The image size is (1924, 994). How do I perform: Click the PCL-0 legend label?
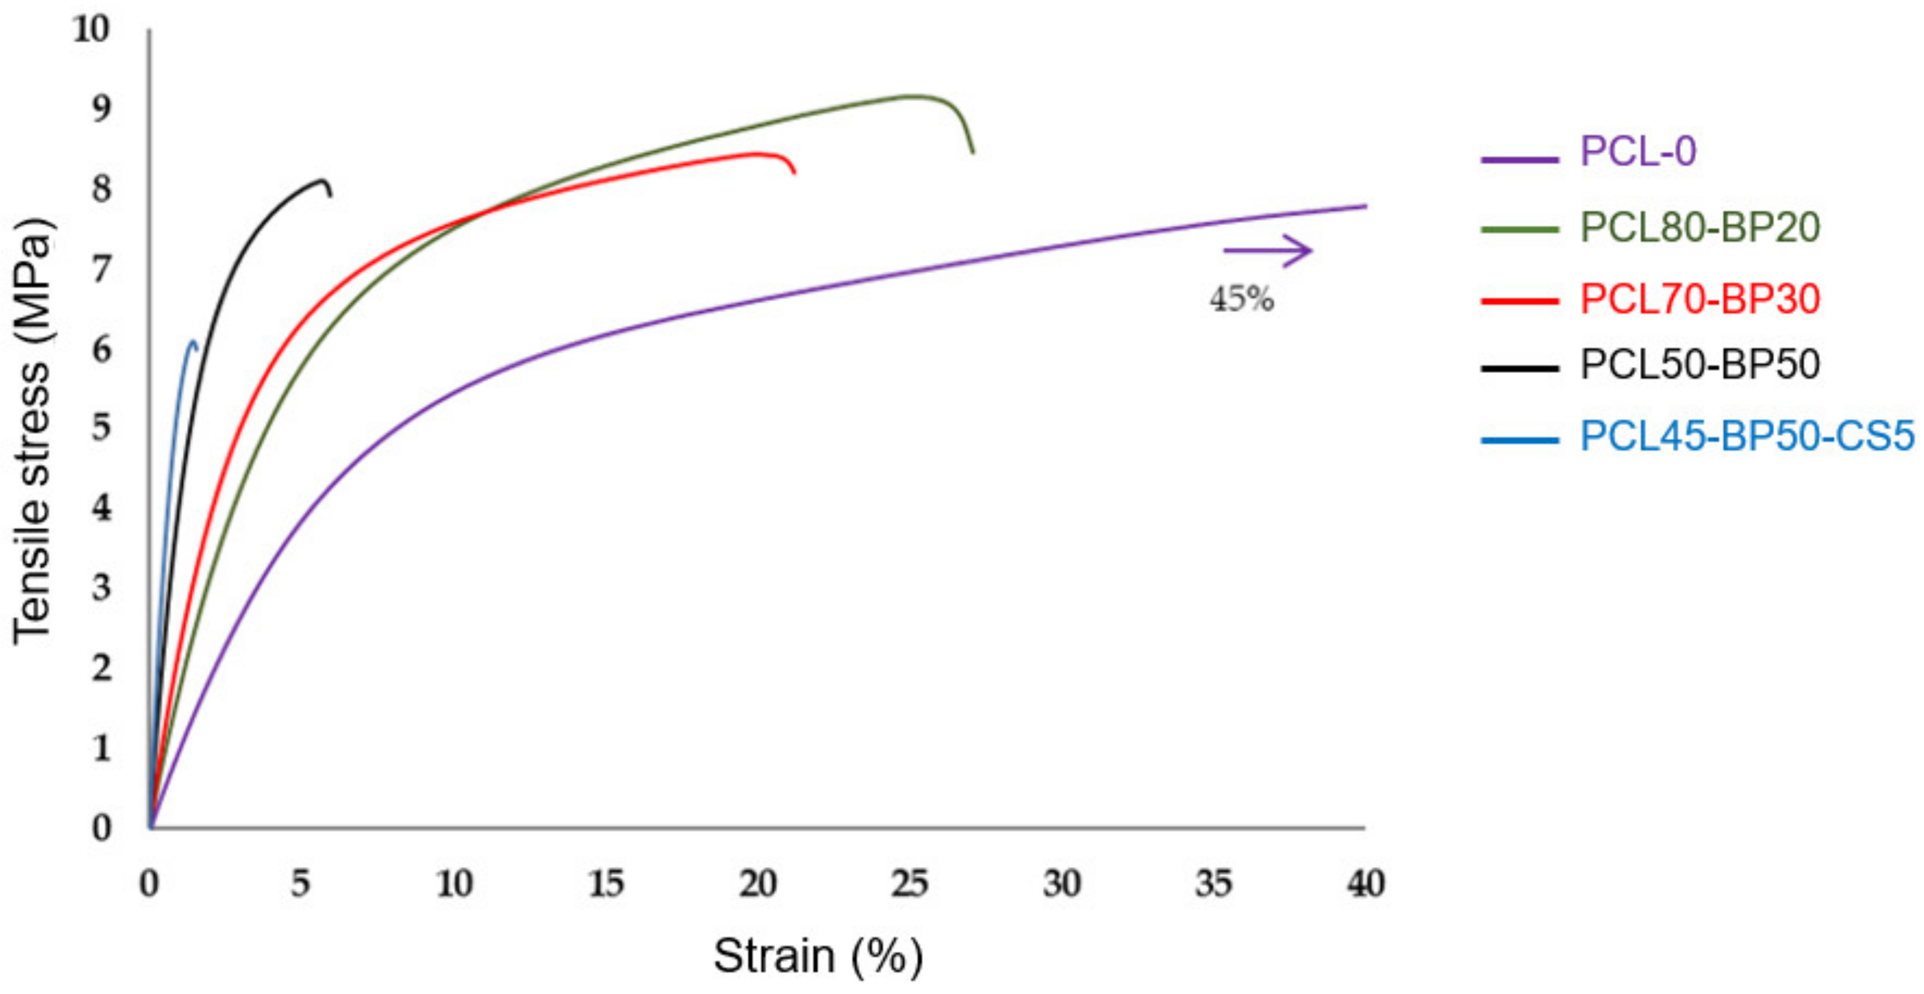click(x=1637, y=152)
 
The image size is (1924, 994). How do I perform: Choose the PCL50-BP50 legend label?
click(x=1699, y=365)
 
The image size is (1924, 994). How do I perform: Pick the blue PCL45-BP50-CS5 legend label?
click(x=1747, y=436)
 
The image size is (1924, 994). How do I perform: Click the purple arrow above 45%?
click(x=1268, y=250)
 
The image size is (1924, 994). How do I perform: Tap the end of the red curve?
click(x=793, y=173)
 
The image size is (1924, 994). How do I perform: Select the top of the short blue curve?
click(x=193, y=342)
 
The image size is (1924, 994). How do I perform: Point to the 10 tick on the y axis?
click(x=91, y=30)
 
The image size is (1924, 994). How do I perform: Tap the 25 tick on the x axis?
click(x=910, y=884)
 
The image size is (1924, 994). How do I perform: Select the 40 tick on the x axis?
click(x=1366, y=884)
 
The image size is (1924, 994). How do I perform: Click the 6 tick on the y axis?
click(x=102, y=349)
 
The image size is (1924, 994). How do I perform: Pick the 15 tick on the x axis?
click(x=606, y=884)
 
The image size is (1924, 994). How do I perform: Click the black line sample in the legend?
click(x=1519, y=368)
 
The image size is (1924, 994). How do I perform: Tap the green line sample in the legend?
click(x=1519, y=229)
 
